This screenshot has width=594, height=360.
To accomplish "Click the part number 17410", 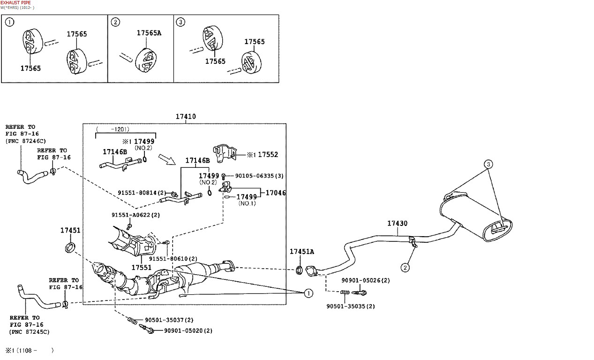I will click(x=186, y=117).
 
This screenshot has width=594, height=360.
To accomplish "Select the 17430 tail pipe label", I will click(x=397, y=224).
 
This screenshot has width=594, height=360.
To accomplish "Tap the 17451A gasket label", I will click(x=301, y=252).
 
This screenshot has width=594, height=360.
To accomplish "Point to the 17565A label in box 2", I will click(x=149, y=33).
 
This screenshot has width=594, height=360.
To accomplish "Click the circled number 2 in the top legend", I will click(x=115, y=22).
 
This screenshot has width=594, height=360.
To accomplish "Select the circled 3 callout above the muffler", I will click(x=489, y=164).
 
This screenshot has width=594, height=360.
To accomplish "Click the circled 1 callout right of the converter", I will click(x=308, y=293).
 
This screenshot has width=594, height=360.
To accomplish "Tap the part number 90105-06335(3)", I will click(x=259, y=176).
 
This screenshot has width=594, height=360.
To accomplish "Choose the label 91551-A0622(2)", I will click(x=135, y=215).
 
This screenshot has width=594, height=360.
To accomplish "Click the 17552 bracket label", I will click(x=268, y=154).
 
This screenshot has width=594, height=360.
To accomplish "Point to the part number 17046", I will click(x=276, y=193).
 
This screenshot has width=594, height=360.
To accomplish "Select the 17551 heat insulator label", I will click(x=141, y=267).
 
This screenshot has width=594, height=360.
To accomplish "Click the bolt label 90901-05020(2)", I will click(x=188, y=330).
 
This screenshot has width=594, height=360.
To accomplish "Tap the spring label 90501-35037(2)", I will click(x=169, y=320).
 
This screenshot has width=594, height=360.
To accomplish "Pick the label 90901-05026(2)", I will click(x=365, y=280).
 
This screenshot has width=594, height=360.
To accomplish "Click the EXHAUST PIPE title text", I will click(x=15, y=3).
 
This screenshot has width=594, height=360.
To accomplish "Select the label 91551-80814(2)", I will click(x=142, y=193).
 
